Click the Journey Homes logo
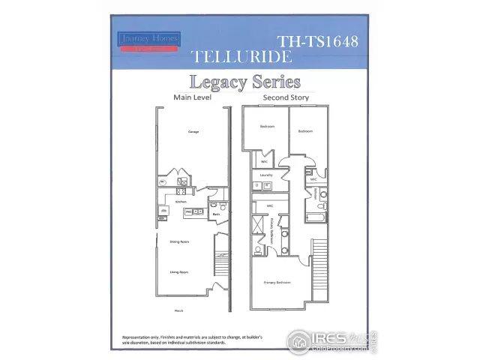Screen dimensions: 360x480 [148, 41]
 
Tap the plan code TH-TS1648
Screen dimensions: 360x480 [317, 41]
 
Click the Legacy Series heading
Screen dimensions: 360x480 [244, 82]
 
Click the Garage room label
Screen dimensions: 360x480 [193, 131]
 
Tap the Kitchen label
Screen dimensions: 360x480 [181, 202]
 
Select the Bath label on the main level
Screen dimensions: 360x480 [215, 214]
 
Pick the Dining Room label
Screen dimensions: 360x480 [178, 241]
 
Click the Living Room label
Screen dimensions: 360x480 [178, 272]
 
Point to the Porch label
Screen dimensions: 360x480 [179, 310]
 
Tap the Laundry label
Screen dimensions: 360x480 [265, 175]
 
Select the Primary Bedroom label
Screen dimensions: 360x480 [277, 283]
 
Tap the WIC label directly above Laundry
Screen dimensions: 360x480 [264, 161]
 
